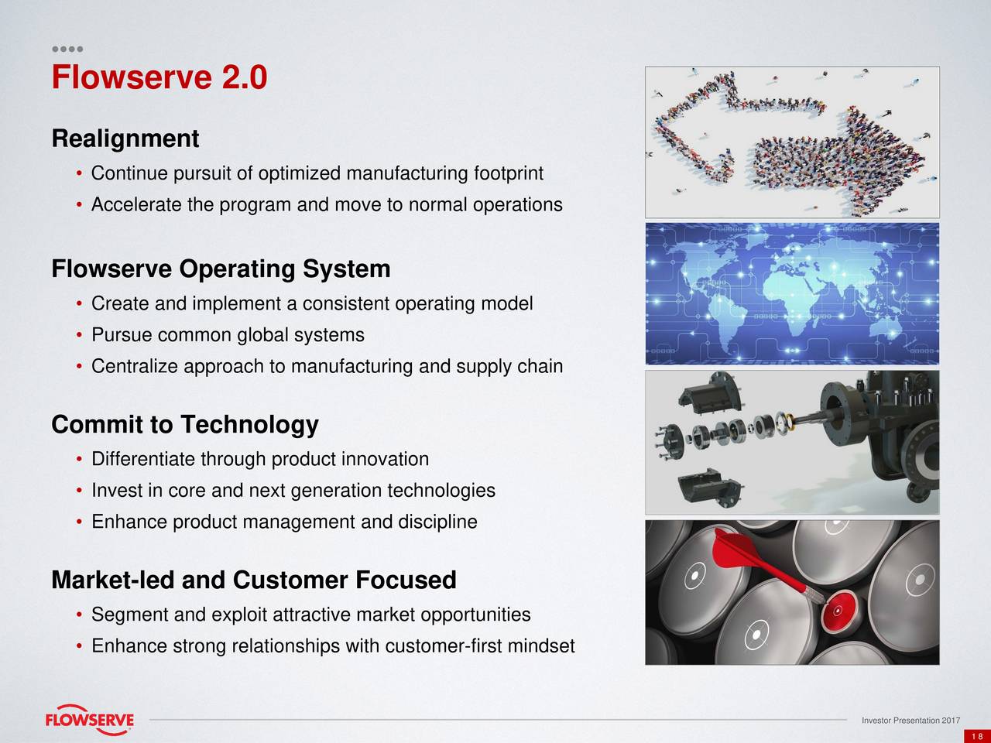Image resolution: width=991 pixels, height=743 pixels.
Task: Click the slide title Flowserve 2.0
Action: click(159, 78)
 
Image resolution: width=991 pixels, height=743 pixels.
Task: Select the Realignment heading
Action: click(125, 139)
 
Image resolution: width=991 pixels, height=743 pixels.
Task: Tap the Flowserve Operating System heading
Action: click(221, 269)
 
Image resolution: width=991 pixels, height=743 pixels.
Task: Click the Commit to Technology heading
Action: click(184, 425)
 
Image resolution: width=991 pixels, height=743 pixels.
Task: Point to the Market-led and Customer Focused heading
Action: click(253, 580)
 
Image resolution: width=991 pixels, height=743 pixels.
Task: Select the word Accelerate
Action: click(135, 205)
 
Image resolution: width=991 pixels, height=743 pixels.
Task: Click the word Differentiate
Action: click(143, 460)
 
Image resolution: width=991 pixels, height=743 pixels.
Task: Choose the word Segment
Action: click(129, 615)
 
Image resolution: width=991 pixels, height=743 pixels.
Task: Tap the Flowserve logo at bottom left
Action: click(89, 719)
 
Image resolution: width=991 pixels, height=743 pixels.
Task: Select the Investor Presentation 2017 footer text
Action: click(911, 721)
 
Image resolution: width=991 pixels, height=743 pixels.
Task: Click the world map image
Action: click(792, 293)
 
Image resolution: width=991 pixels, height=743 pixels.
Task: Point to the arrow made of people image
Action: click(792, 142)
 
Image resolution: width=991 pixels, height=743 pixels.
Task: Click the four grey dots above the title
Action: click(67, 49)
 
